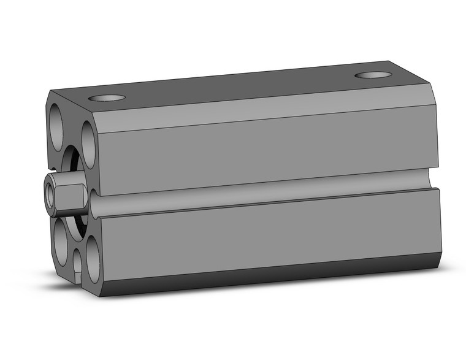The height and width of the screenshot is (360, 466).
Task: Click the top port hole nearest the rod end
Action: point(107,98)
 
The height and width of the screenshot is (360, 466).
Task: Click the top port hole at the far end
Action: point(373,75)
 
